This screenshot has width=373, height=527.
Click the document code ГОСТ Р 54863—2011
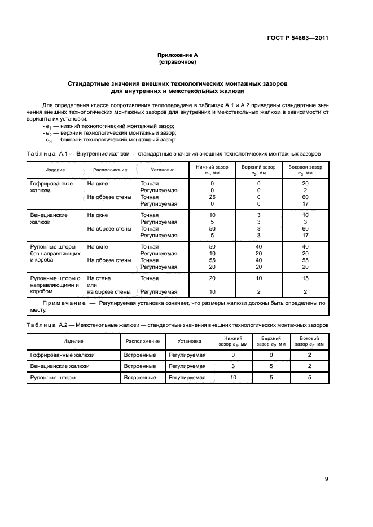click(297, 39)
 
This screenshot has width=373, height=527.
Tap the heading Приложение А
click(177, 55)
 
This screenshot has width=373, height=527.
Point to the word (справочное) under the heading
click(177, 62)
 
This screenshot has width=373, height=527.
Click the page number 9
click(326, 479)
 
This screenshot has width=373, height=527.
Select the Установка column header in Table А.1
click(163, 170)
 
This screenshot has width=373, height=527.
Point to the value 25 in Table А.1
click(212, 197)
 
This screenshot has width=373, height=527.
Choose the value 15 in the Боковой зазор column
click(305, 278)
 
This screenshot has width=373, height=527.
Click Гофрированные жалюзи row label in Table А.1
click(51, 187)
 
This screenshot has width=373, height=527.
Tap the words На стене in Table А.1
click(99, 278)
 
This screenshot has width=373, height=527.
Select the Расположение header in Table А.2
click(142, 341)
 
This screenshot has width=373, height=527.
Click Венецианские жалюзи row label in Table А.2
click(57, 366)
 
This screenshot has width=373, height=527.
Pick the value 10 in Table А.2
click(232, 378)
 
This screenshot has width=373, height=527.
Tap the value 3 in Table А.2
click(232, 366)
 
